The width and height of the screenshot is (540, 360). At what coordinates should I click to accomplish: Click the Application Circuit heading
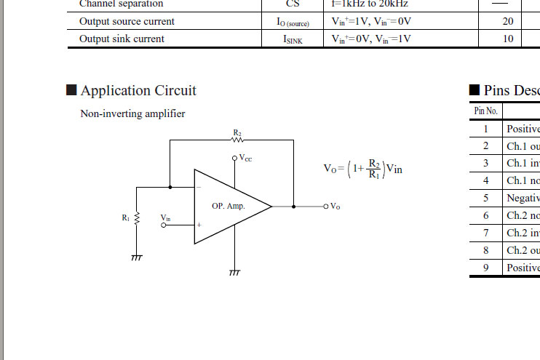[x=138, y=91]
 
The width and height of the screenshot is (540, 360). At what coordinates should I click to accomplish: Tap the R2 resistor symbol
[x=237, y=141]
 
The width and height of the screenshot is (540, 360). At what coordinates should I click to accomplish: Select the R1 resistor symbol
[x=137, y=218]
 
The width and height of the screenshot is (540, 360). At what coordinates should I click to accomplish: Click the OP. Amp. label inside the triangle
[x=229, y=207]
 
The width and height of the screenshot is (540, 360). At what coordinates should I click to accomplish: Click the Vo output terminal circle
[x=326, y=207]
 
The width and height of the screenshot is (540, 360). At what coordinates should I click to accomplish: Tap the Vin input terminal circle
[x=164, y=225]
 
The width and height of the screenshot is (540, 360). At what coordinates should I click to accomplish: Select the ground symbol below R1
[x=137, y=257]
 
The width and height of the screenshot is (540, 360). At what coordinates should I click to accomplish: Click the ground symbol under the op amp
[x=234, y=273]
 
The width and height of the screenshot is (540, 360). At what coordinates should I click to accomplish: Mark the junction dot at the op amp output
[x=294, y=207]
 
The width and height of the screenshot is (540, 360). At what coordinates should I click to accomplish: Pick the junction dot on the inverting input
[x=170, y=187]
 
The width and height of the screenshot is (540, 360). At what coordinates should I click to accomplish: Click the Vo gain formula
[x=362, y=168]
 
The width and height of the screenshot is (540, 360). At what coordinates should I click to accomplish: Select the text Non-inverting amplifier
[x=132, y=114]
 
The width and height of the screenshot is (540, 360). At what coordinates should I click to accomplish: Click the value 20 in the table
[x=508, y=22]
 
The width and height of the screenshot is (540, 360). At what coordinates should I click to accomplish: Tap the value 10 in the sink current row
[x=508, y=39]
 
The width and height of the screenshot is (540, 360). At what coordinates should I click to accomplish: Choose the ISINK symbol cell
[x=293, y=39]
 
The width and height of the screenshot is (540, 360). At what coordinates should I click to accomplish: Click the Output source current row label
[x=127, y=22]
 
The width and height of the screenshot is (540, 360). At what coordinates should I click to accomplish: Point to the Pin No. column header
[x=485, y=111]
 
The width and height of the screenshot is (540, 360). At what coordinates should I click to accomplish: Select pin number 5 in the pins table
[x=485, y=198]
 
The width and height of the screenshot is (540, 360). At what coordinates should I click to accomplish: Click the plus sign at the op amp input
[x=198, y=225]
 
